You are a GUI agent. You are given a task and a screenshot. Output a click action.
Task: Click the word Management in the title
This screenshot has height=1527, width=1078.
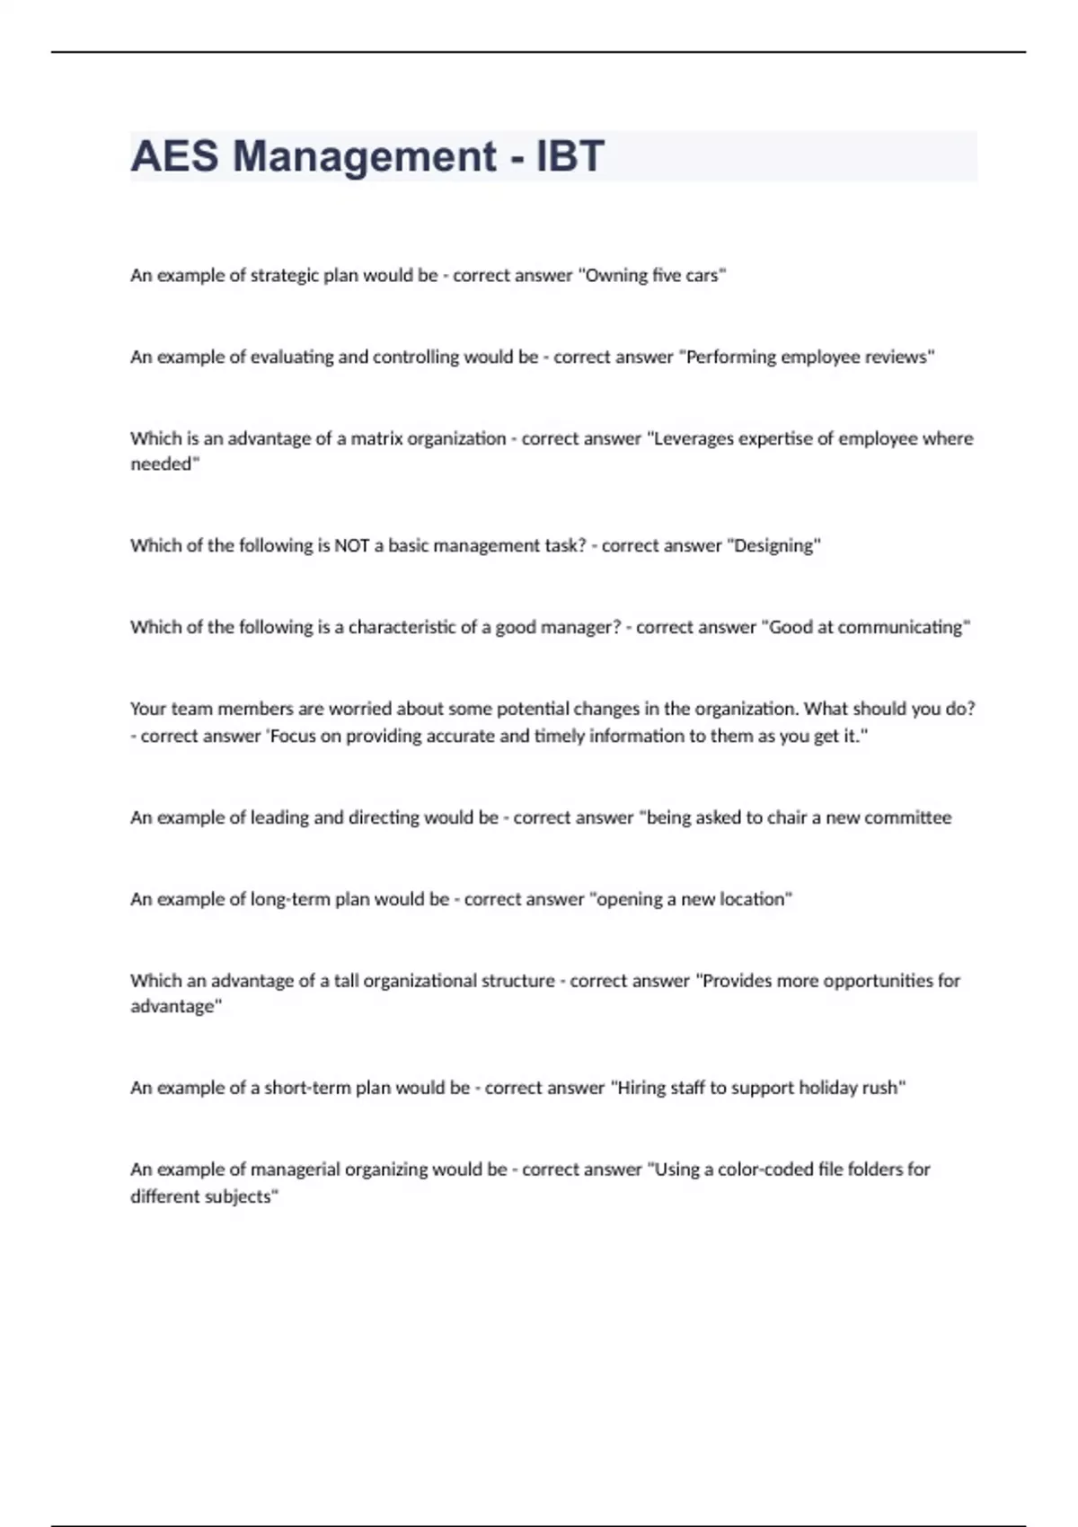coord(364,156)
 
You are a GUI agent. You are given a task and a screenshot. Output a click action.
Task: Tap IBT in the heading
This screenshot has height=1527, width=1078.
coord(570,156)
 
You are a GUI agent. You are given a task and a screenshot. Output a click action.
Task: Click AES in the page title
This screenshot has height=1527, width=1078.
coord(174,156)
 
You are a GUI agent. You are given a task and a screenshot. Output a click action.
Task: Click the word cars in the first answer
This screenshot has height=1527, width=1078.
coord(703,276)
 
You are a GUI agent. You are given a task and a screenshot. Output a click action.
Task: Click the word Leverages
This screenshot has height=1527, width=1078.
coord(694,438)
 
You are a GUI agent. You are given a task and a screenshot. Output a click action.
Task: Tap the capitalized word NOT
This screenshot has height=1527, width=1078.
coord(351,545)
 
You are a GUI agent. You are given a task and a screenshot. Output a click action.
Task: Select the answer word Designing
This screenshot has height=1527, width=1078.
coord(775,545)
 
